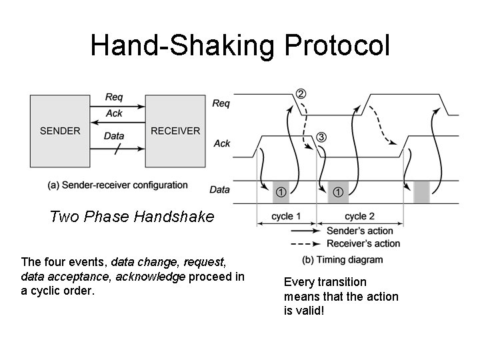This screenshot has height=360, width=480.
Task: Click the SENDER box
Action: coord(60,131)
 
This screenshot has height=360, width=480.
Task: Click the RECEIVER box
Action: coord(175,131)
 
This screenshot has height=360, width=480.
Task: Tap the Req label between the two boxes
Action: coord(114,97)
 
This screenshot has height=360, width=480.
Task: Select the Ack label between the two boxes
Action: coord(114,113)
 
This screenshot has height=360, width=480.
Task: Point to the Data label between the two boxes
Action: coord(114,136)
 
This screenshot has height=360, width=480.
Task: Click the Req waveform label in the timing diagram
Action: coord(221,103)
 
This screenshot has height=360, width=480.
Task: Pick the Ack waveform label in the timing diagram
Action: coord(222,143)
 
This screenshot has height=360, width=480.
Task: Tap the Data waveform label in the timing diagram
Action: coord(220,189)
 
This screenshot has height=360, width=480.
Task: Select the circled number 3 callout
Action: coord(321,137)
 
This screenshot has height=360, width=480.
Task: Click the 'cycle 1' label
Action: coord(287,217)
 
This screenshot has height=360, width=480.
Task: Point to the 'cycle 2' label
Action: coord(360,217)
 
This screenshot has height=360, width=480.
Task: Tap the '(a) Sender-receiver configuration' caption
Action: coord(117,185)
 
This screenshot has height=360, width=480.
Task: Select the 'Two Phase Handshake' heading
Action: coord(132,217)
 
